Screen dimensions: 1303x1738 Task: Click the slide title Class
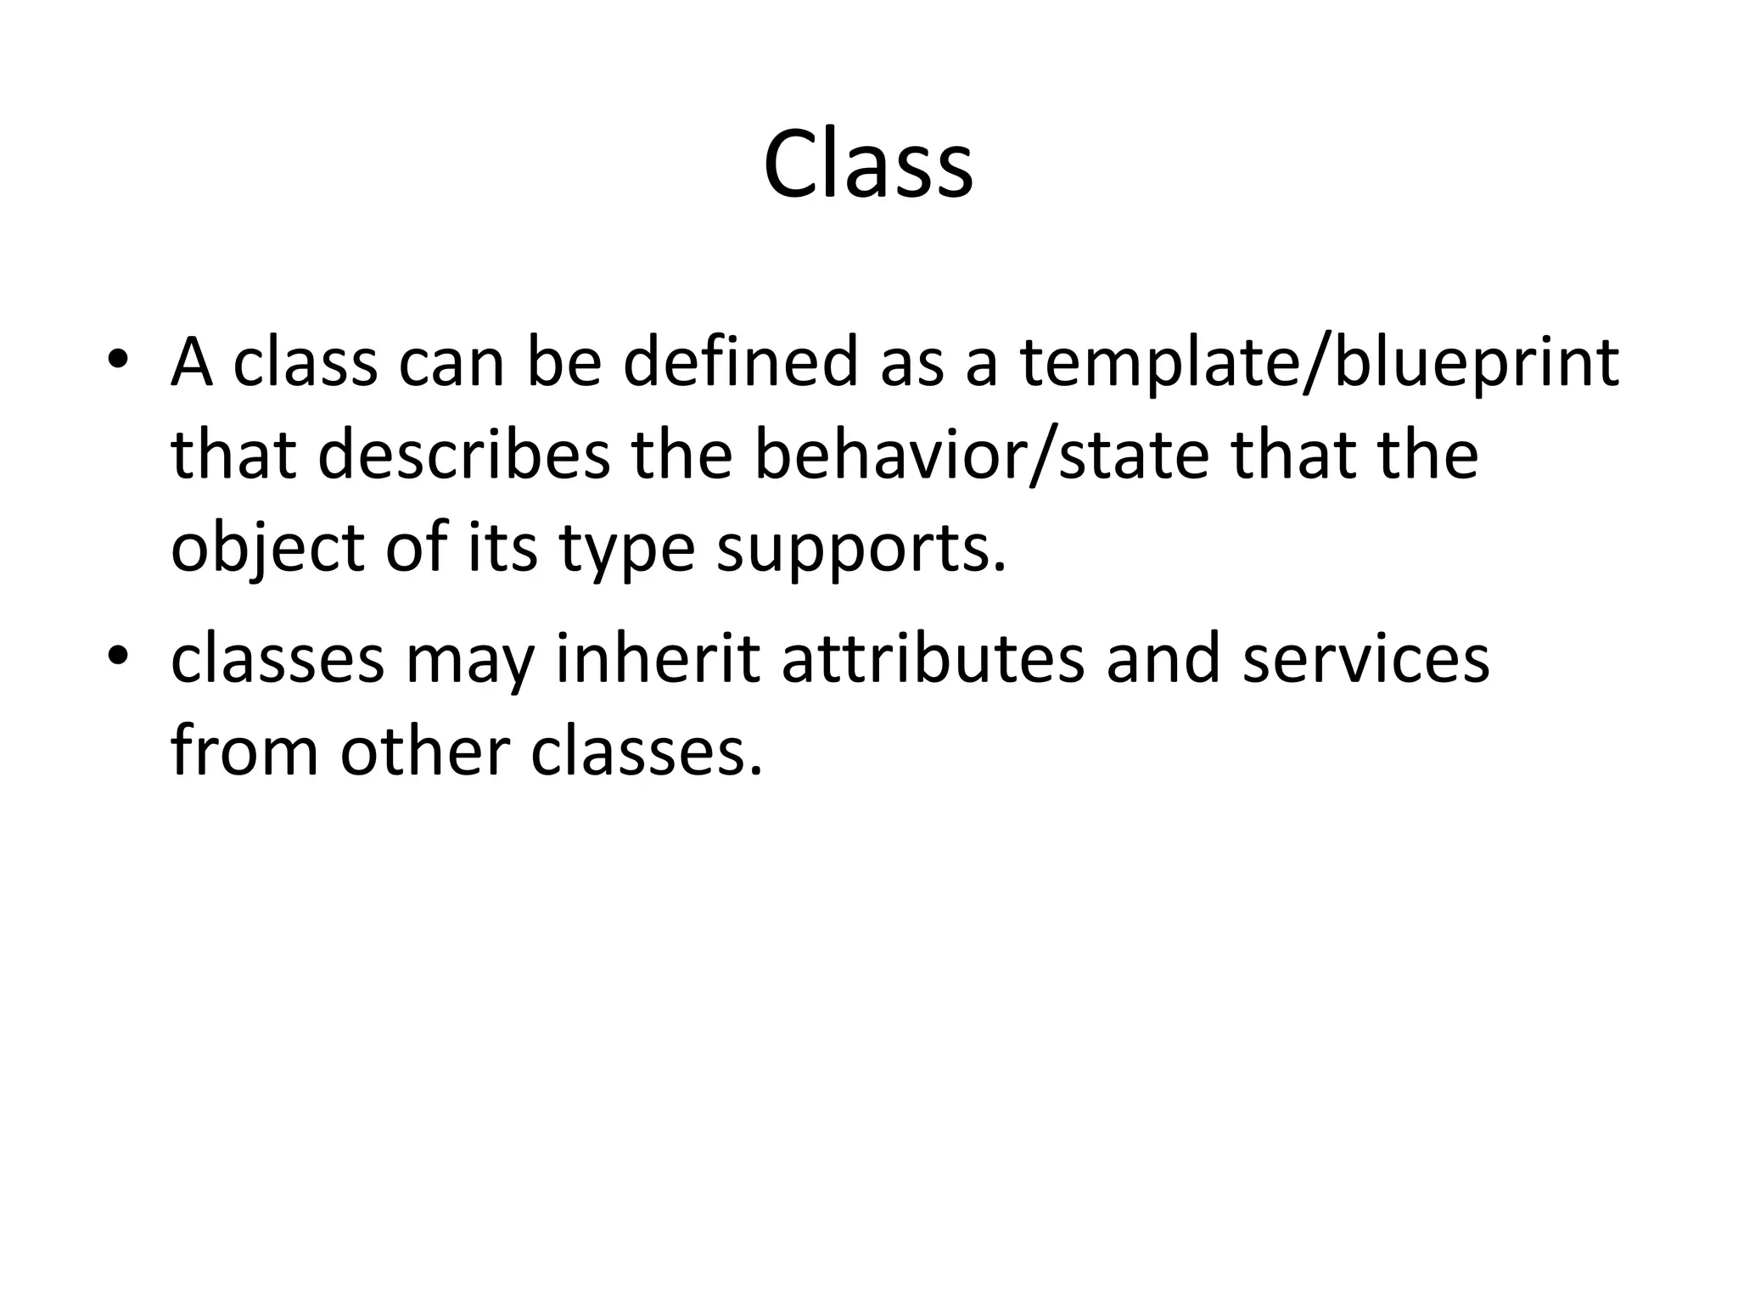click(868, 165)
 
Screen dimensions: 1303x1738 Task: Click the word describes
click(464, 456)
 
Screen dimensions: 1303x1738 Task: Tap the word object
click(267, 549)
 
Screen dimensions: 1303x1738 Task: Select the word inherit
click(658, 659)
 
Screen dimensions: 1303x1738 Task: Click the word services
click(1365, 659)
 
